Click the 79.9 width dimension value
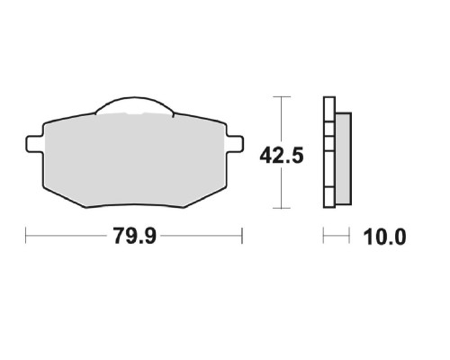[135, 236]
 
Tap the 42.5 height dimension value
[282, 156]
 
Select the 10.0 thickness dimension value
[384, 237]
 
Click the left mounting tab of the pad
[34, 144]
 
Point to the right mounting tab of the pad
[235, 144]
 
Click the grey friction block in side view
[343, 159]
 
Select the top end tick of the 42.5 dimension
[282, 96]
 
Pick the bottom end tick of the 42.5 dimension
[282, 208]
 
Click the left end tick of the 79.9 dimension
[26, 236]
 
